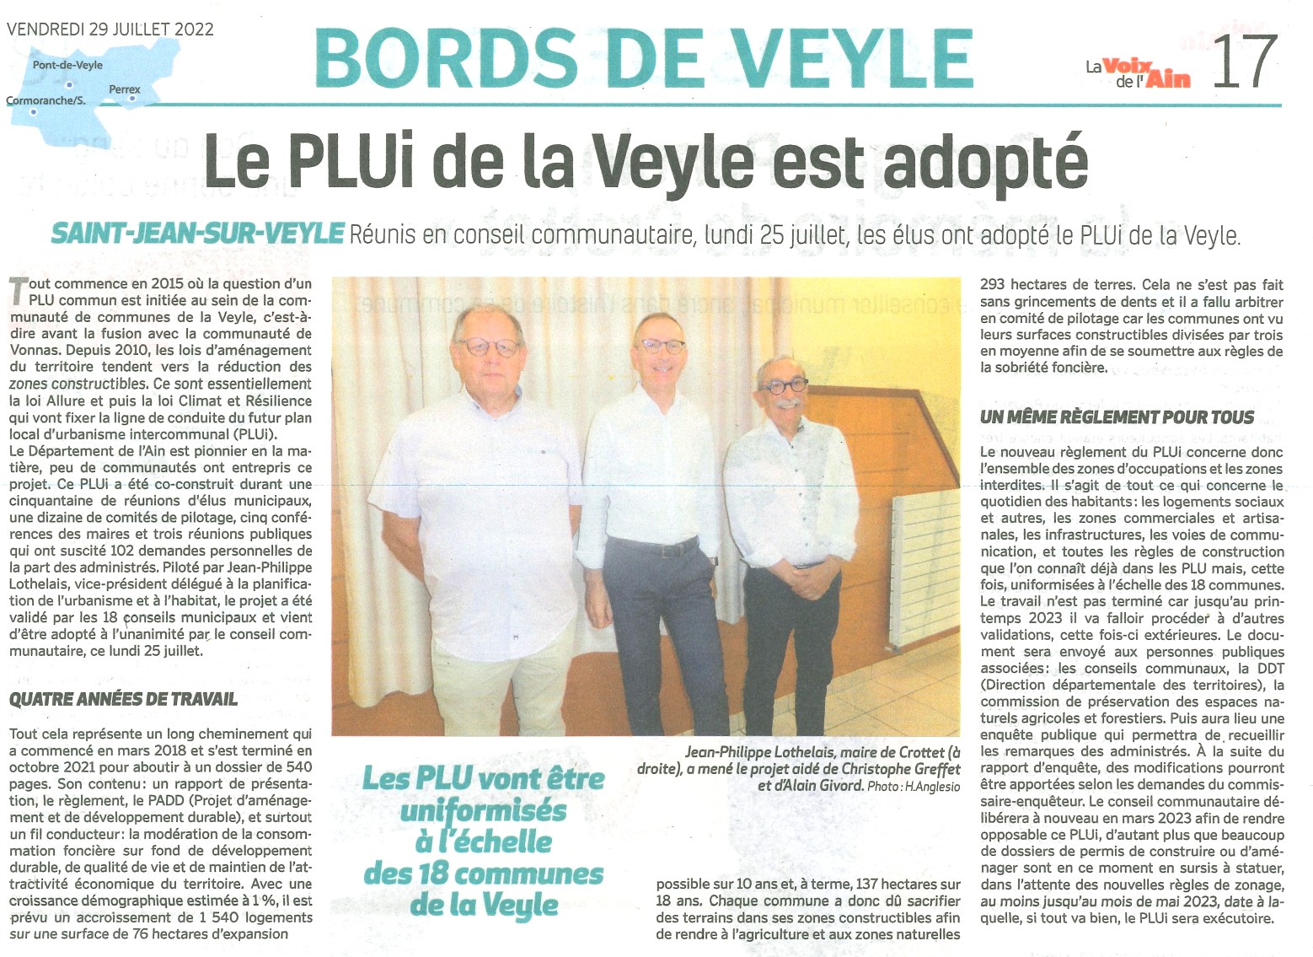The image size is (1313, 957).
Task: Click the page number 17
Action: coord(1245,62)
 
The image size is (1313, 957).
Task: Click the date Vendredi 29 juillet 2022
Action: coord(110,30)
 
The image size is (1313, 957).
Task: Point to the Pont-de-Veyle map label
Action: coord(67,65)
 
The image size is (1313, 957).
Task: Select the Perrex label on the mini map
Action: coord(125,89)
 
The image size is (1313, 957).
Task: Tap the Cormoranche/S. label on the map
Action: coord(46,101)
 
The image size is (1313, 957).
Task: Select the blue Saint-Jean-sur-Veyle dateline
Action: coord(198,234)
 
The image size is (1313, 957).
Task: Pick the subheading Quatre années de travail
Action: coord(123,699)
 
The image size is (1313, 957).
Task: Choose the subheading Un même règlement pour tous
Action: coord(1117,417)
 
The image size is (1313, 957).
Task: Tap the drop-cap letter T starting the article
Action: coord(17,290)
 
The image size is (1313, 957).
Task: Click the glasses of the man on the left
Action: coord(488,347)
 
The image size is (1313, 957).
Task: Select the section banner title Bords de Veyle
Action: coord(643,59)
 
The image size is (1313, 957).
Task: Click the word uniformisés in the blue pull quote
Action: coord(484,810)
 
